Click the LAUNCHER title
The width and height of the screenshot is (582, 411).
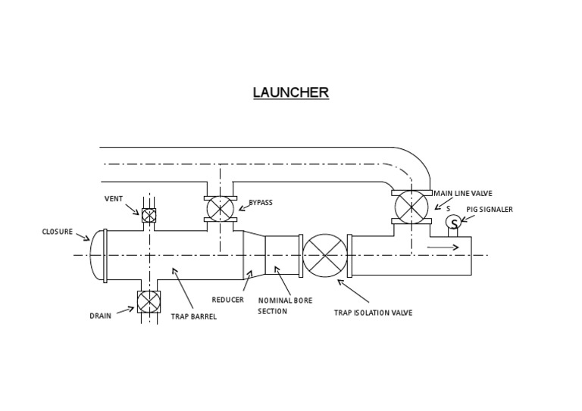coord(291,92)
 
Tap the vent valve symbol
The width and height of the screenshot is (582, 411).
coord(149,215)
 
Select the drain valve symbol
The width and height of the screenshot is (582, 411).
coord(148,302)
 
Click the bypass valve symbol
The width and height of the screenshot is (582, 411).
coord(220,208)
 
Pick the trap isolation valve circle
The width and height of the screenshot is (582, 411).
coord(325,255)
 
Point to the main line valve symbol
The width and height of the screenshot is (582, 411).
coord(411,206)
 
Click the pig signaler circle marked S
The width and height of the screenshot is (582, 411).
coord(453,223)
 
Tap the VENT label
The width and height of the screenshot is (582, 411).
coord(114,199)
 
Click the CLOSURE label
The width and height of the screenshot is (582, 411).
coord(58,232)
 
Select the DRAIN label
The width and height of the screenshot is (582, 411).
coord(100,316)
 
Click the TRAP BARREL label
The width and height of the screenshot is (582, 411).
coord(193,316)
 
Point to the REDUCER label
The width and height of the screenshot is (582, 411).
coord(227,300)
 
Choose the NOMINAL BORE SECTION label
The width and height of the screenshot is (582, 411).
coord(285,306)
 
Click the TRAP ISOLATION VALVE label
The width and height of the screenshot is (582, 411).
coord(374,313)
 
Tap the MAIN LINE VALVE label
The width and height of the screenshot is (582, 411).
coord(462,194)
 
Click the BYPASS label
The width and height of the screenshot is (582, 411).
coord(261,203)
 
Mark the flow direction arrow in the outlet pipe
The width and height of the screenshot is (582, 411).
coord(443,248)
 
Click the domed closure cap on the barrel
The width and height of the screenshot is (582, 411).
coord(96,255)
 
